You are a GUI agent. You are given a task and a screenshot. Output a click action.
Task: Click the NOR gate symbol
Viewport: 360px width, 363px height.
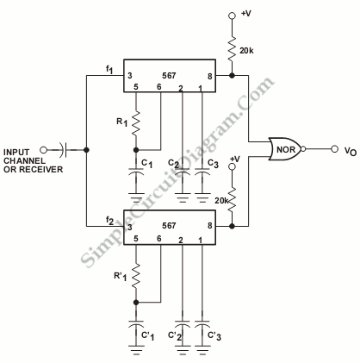286,149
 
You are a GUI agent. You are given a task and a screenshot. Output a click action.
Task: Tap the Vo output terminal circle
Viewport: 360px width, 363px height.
334,149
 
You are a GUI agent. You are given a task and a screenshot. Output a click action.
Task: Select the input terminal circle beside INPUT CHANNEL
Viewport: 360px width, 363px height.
43,150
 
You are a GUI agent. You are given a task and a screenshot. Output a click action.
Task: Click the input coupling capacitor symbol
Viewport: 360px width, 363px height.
63,150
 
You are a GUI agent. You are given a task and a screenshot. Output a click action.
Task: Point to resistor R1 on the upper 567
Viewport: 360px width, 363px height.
136,123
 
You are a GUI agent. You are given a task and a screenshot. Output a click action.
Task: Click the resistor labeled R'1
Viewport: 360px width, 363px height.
136,276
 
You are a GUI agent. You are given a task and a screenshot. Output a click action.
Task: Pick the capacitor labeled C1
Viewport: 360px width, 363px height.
136,172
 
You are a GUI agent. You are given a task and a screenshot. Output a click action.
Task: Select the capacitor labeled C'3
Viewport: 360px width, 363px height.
202,324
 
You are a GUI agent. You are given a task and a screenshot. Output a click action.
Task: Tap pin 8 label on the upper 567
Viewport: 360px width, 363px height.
210,76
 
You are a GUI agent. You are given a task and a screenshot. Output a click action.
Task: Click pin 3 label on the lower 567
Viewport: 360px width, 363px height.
130,227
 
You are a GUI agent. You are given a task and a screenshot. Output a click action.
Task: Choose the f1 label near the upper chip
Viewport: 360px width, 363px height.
109,70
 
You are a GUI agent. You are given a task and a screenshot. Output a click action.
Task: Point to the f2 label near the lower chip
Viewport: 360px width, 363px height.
109,221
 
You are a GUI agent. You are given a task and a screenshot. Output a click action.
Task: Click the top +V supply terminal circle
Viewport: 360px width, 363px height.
232,16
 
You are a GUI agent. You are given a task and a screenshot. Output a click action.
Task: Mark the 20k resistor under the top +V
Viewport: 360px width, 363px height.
232,48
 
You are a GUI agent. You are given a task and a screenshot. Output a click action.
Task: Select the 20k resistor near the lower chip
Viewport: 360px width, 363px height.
232,199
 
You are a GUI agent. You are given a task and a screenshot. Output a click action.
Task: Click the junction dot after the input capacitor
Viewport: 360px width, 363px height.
86,150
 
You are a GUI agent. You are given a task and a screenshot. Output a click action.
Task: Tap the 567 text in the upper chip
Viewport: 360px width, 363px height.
169,75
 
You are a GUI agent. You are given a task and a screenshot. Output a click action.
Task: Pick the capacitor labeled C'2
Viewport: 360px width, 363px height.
183,324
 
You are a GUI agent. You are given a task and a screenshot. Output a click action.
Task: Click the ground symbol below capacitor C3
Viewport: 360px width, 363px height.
202,197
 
